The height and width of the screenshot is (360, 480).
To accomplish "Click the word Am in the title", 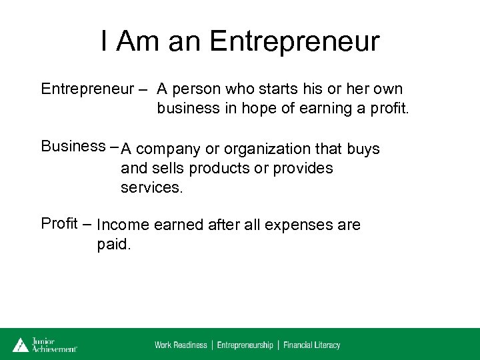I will click(x=137, y=41).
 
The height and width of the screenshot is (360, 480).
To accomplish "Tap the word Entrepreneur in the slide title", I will click(x=294, y=41).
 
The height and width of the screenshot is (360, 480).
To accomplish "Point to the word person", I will click(x=198, y=89).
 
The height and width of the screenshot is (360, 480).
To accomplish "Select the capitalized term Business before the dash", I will click(x=73, y=147).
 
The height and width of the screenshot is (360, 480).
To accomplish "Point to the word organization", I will click(x=262, y=149).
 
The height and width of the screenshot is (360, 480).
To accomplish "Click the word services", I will click(x=151, y=188).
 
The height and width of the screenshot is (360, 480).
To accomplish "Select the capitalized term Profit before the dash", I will click(x=59, y=223).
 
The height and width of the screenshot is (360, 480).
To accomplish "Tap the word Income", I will click(x=123, y=225).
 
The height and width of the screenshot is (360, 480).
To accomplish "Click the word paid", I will click(x=114, y=244).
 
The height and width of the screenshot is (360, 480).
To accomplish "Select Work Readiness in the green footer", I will click(x=181, y=345).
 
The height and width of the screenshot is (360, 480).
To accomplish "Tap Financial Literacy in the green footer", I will click(x=311, y=345).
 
